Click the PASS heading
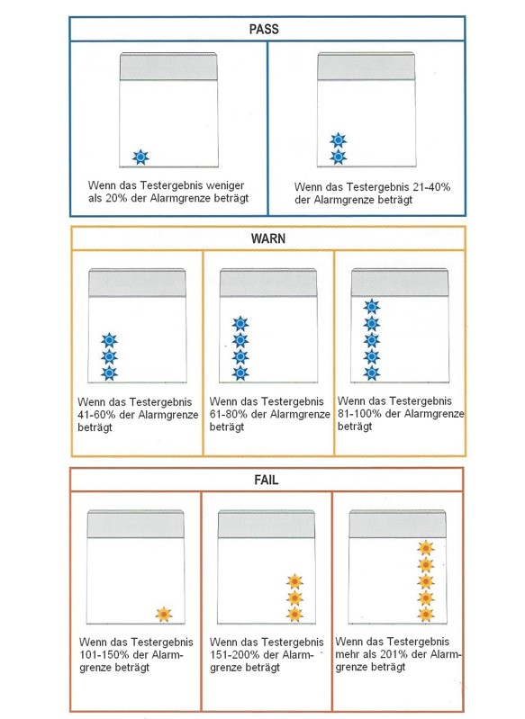(264, 29)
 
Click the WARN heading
(268, 238)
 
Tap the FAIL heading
(267, 480)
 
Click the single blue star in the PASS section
(140, 157)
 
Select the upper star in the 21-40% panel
(339, 140)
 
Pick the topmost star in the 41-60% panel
(109, 340)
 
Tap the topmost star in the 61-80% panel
(240, 324)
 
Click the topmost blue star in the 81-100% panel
(372, 306)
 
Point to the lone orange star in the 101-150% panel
(164, 615)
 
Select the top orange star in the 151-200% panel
(294, 581)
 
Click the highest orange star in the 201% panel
(426, 547)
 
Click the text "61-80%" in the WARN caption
(228, 414)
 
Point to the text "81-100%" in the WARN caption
(359, 414)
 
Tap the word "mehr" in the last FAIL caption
(347, 654)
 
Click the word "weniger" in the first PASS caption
(225, 185)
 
